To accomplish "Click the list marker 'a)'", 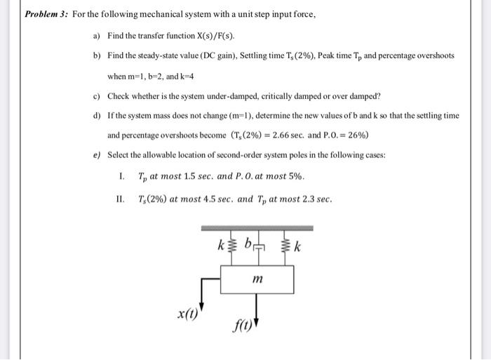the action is (97, 35).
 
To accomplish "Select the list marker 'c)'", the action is (97, 95).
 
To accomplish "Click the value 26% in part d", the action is (358, 135).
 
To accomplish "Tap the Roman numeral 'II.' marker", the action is (121, 199).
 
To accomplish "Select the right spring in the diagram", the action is (284, 247).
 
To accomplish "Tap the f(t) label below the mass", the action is (241, 326).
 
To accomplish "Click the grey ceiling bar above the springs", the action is (257, 228).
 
